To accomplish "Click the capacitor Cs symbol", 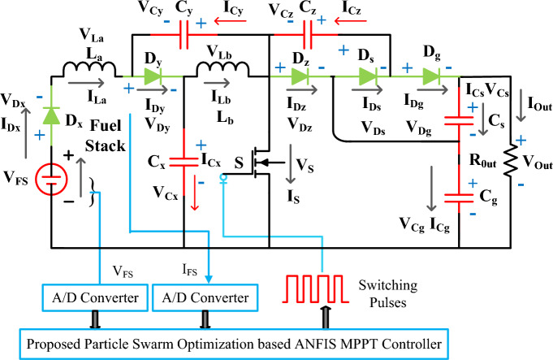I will [460, 124].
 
